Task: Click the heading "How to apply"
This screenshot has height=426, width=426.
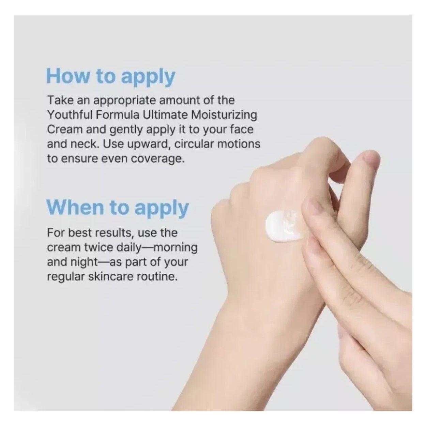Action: click(111, 77)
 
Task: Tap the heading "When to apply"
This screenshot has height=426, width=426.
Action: click(117, 208)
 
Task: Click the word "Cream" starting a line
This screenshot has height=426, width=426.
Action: click(65, 130)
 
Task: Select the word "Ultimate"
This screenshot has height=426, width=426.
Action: click(165, 115)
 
